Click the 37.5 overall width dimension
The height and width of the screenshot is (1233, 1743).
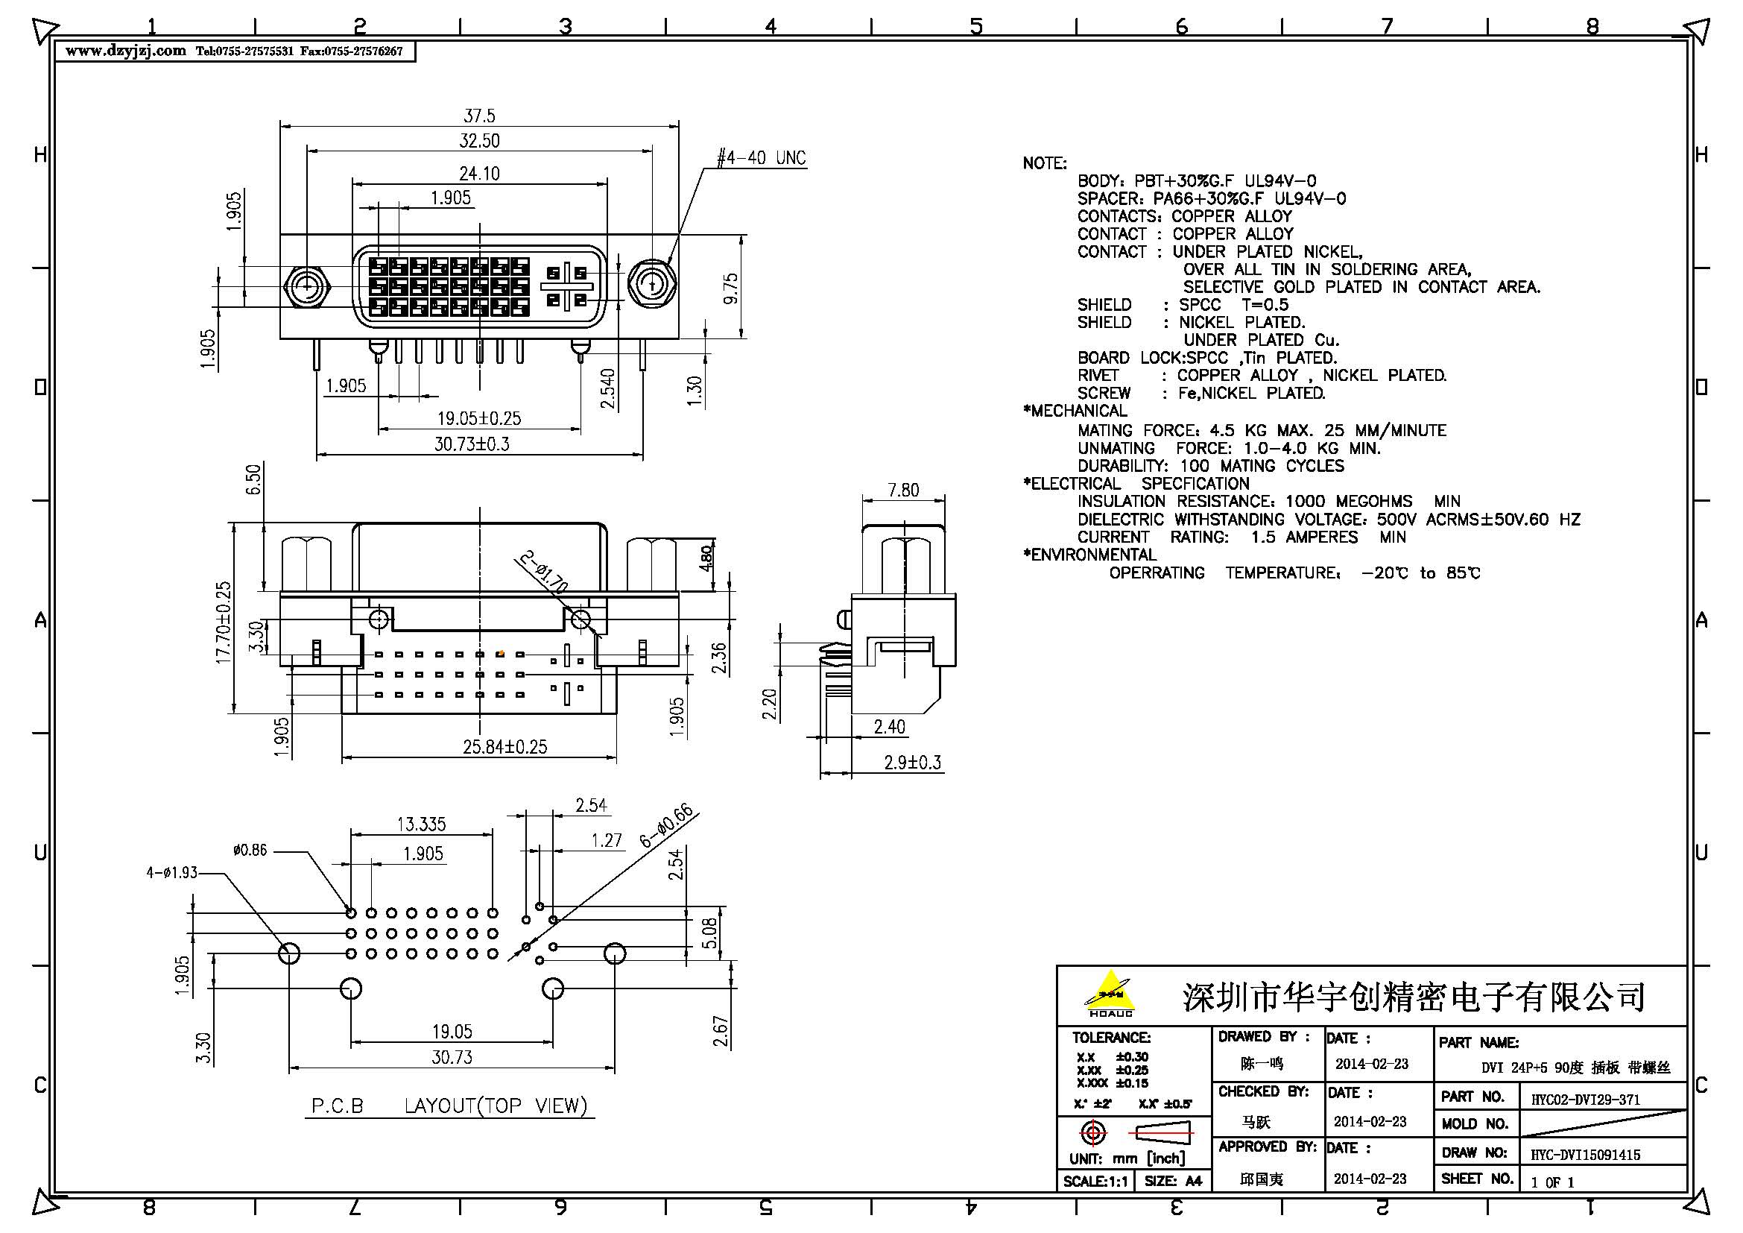(479, 116)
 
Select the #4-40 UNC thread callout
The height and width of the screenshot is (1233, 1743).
(762, 158)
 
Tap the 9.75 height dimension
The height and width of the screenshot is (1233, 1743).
(730, 289)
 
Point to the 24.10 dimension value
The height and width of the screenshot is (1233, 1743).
(479, 173)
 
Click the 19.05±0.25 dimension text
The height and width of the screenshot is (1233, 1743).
(479, 418)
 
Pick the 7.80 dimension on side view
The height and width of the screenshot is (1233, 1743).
(902, 491)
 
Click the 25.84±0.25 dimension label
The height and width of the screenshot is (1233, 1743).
(504, 747)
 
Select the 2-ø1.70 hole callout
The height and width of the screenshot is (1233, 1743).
(543, 572)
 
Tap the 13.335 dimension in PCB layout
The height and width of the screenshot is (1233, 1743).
(421, 824)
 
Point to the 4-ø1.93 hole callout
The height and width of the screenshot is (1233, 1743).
(171, 873)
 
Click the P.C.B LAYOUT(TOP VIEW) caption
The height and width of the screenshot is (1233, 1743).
(450, 1106)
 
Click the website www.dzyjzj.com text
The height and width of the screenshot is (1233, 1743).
(126, 51)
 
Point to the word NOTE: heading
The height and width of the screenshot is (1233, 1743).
(1044, 163)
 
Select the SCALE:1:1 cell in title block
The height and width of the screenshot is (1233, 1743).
(1095, 1181)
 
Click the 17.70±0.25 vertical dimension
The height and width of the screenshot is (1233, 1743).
(224, 622)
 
